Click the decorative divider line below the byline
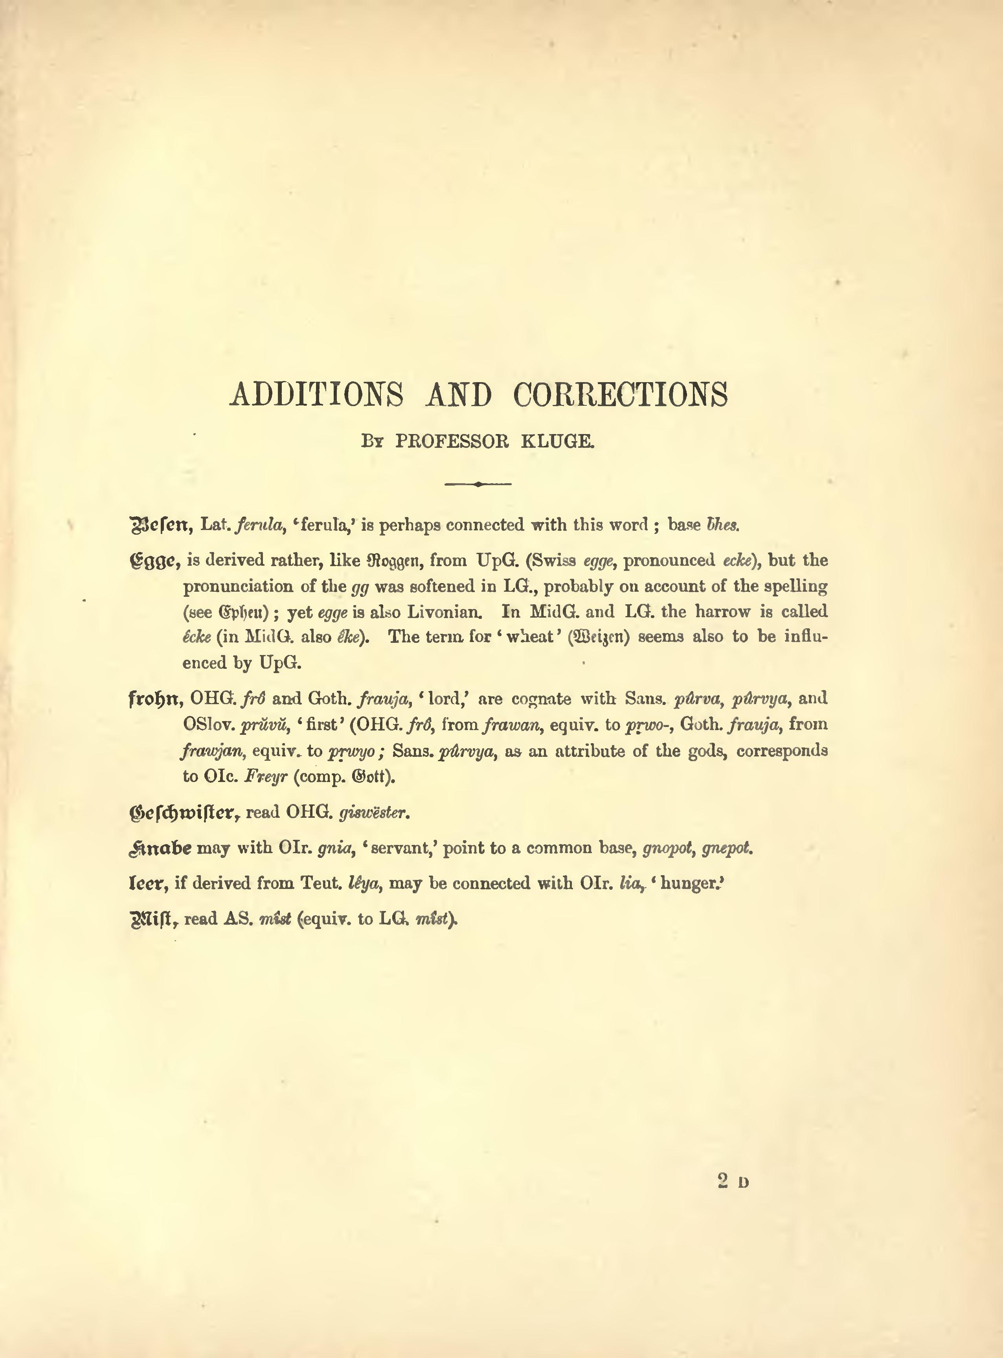[x=478, y=484]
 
